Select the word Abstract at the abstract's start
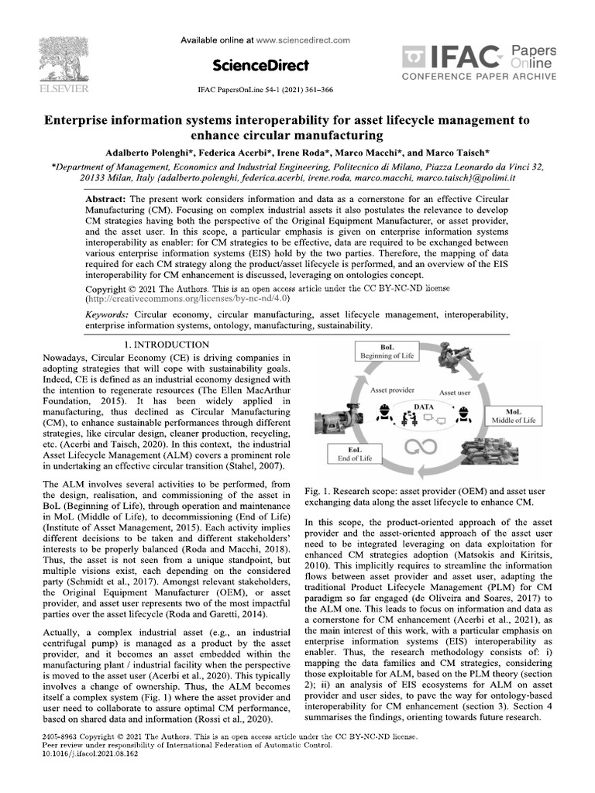107,199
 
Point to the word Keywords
108,315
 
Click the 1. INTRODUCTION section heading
167,344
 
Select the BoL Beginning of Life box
387,352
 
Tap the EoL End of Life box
356,453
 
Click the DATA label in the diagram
423,406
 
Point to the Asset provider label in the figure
390,391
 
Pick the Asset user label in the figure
455,393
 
